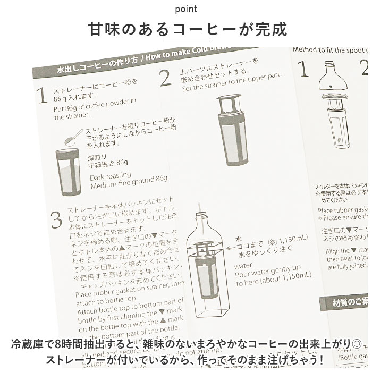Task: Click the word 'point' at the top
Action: tap(185, 9)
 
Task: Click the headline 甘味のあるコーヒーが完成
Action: tap(185, 29)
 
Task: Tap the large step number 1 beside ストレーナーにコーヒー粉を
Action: tap(42, 95)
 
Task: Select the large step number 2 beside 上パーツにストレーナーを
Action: tap(165, 78)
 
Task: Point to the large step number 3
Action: tap(56, 219)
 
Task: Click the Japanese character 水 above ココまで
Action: tap(239, 239)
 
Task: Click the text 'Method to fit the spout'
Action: tap(330, 49)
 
